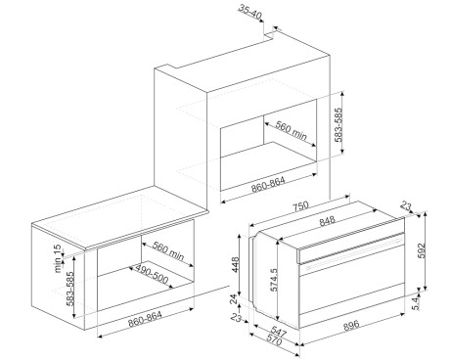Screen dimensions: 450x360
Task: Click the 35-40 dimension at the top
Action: click(250, 12)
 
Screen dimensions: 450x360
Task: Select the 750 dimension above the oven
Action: click(300, 206)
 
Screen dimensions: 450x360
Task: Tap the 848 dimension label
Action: click(327, 221)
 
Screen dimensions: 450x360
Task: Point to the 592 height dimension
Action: click(422, 250)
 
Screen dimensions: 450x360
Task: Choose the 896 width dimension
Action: click(351, 325)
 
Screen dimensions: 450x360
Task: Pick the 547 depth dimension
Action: click(278, 332)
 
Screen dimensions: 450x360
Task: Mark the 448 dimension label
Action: click(235, 264)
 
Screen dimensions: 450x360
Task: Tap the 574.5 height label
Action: click(274, 280)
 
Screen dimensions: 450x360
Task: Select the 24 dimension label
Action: click(235, 299)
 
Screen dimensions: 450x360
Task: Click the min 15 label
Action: click(58, 258)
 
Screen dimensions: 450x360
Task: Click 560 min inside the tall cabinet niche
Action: click(292, 130)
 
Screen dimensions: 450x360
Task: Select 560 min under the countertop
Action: click(168, 250)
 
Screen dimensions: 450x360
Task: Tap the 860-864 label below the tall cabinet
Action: click(268, 185)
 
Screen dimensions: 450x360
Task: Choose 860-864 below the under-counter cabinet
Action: click(145, 319)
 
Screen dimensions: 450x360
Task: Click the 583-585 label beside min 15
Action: click(70, 289)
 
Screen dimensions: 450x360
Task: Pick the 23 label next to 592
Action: click(406, 206)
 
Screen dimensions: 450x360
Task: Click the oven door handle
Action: click(354, 252)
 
